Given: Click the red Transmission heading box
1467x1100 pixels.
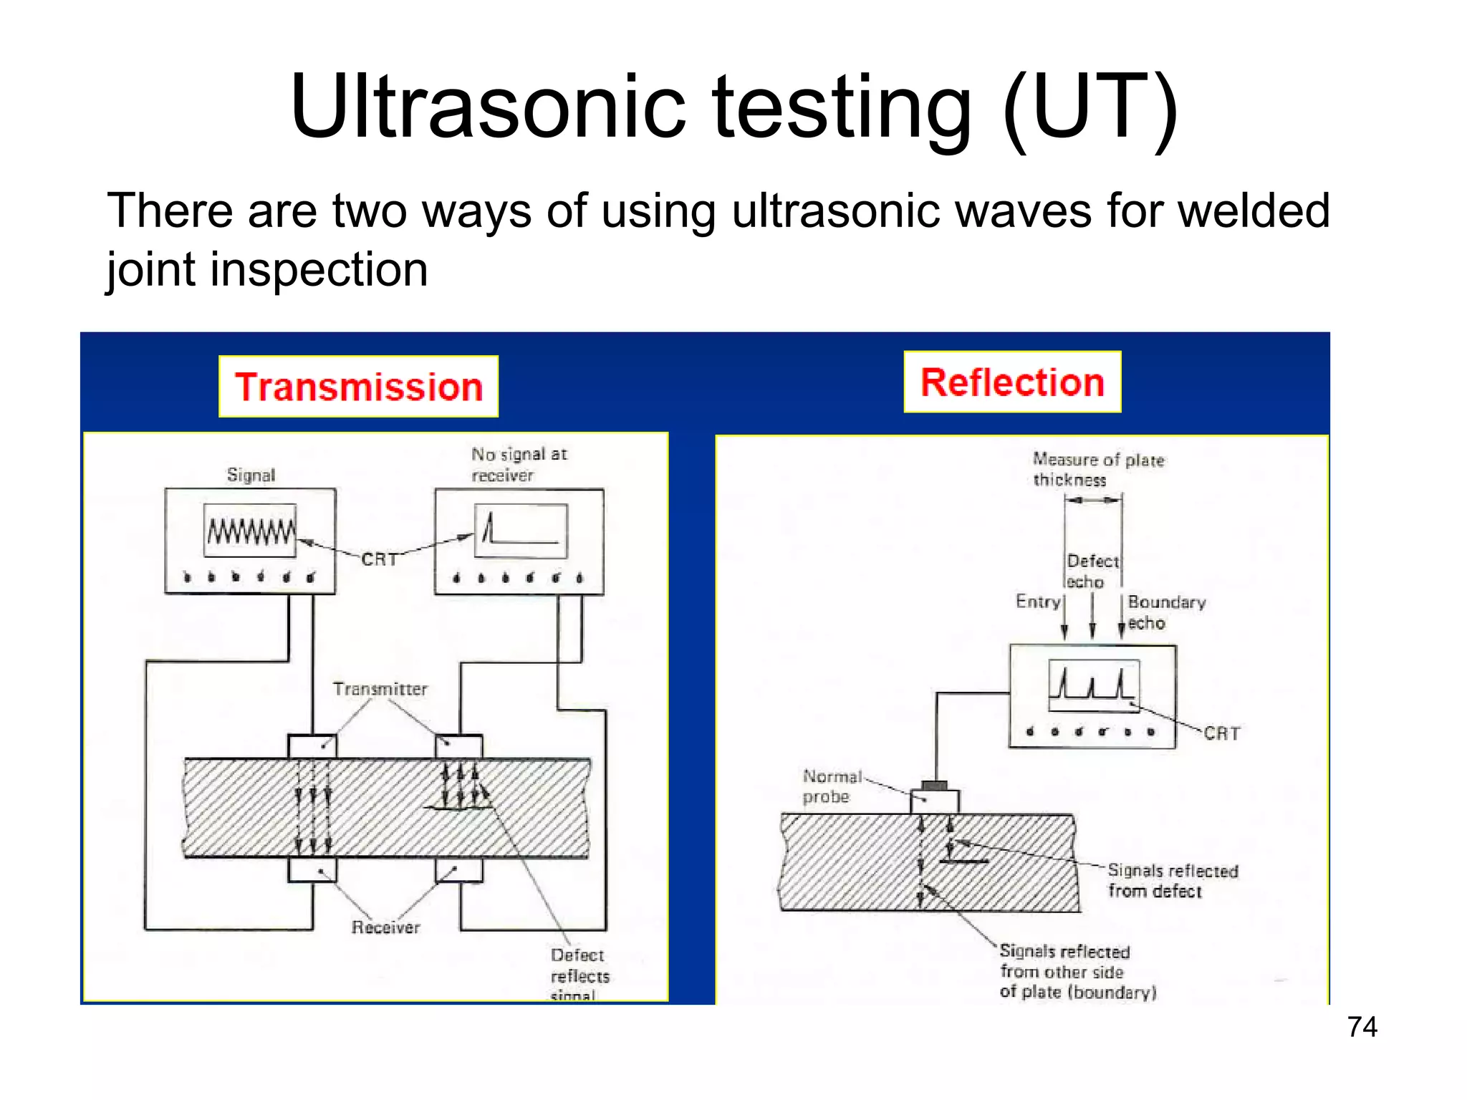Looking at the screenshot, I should coord(358,387).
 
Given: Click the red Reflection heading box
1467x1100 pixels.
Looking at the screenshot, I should coord(1011,382).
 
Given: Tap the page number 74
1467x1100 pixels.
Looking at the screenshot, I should coord(1362,1027).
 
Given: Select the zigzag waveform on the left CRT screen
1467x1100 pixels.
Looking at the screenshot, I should coord(250,531).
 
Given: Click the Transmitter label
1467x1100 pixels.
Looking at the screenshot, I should coord(380,689).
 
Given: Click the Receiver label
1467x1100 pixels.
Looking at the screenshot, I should coord(385,927).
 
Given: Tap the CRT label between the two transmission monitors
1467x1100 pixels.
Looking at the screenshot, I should coord(379,559).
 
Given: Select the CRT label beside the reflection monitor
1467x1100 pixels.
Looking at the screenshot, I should coord(1221,733).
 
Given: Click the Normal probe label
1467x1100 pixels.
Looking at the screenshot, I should coord(831,786).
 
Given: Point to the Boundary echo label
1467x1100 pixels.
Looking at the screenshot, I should coord(1165,612).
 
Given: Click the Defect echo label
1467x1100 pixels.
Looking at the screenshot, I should coord(1092,571).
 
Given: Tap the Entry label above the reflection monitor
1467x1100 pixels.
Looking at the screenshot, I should coord(1037,602).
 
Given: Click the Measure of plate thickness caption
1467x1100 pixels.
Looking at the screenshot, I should coord(1097,469).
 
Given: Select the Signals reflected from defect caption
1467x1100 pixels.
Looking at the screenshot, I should coord(1172,881).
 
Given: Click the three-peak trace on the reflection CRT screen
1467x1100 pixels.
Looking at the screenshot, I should coord(1092,684).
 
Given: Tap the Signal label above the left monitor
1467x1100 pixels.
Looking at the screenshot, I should coord(251,475).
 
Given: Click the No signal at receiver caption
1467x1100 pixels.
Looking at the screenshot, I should coord(518,464).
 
